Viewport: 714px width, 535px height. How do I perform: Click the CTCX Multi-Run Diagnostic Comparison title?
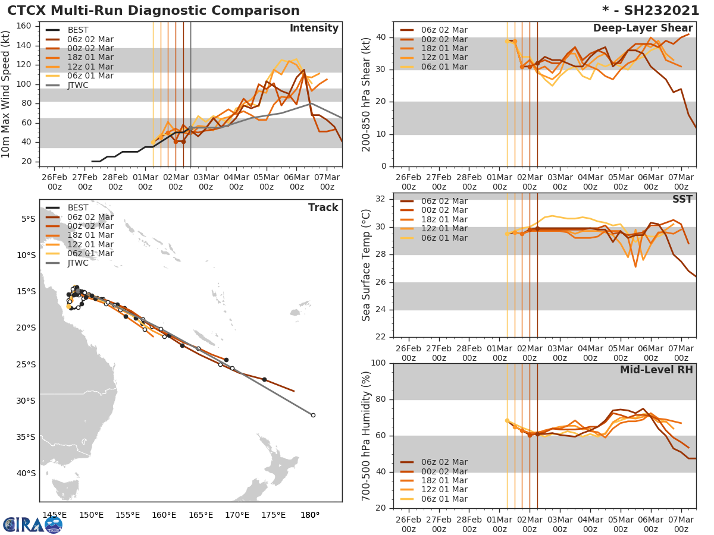pyautogui.click(x=154, y=11)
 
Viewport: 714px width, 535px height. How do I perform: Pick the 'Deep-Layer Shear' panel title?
pyautogui.click(x=643, y=29)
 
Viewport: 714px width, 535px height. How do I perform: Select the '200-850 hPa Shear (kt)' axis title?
pyautogui.click(x=367, y=95)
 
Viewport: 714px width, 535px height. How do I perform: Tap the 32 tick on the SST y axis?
pyautogui.click(x=382, y=199)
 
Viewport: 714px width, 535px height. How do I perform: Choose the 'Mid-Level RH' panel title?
pyautogui.click(x=656, y=370)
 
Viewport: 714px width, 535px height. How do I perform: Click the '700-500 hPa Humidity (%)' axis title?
pyautogui.click(x=367, y=436)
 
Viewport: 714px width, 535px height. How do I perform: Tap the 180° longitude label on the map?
pyautogui.click(x=310, y=515)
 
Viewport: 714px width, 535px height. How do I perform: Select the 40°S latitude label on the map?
pyautogui.click(x=26, y=473)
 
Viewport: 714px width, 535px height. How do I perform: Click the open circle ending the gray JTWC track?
pyautogui.click(x=313, y=415)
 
